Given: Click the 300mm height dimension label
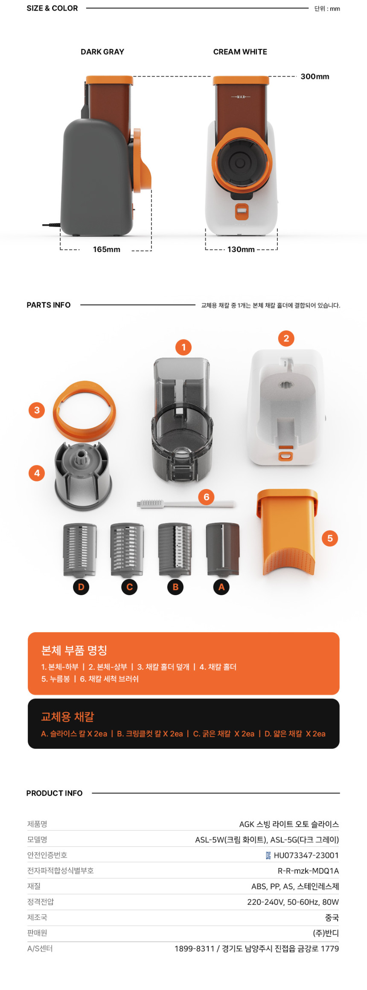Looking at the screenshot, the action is [315, 77].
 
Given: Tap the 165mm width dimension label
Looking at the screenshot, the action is [107, 249].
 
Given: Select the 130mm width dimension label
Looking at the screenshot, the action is [241, 249].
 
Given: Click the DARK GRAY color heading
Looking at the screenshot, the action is [102, 52].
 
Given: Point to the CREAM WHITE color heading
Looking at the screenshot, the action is [240, 52].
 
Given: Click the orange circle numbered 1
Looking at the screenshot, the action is [183, 347].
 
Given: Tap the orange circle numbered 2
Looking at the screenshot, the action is [286, 339].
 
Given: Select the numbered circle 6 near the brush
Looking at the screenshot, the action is [207, 497].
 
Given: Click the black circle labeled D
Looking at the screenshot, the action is [81, 587].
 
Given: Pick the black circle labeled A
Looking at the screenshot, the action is [221, 587].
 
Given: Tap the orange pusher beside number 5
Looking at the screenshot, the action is [287, 531].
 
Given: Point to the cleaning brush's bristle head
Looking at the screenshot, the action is [151, 504].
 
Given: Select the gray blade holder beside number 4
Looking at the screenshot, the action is [83, 475].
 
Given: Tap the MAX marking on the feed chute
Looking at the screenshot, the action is [241, 97].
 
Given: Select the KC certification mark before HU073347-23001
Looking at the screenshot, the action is [268, 855].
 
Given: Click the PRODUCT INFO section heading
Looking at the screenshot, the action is [55, 793].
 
